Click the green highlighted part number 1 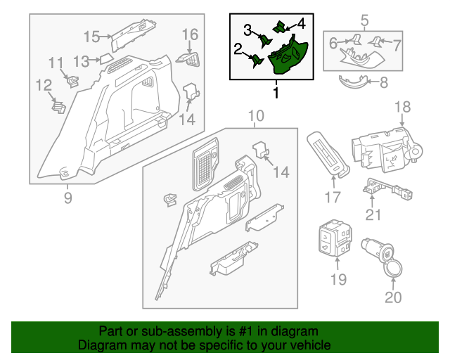click(x=288, y=56)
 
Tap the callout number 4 click(x=300, y=22)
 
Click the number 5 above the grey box click(x=364, y=20)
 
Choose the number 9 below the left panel click(x=68, y=198)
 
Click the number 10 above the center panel click(x=256, y=115)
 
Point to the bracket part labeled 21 click(x=380, y=188)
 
